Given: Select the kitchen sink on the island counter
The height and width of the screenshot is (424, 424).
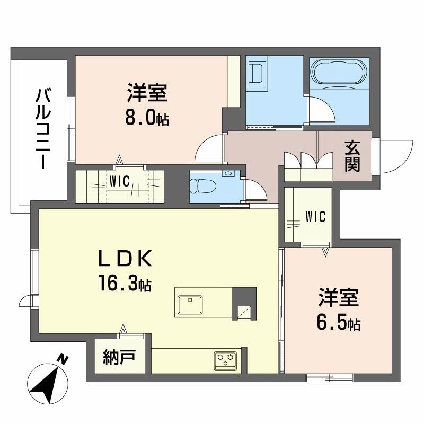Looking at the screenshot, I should [x=189, y=305].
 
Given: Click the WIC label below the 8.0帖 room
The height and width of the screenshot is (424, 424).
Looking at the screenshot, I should [x=120, y=181].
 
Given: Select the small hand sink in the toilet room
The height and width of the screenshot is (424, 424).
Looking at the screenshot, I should [x=228, y=173].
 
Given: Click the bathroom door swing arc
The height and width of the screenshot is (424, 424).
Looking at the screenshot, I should [x=322, y=112].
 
